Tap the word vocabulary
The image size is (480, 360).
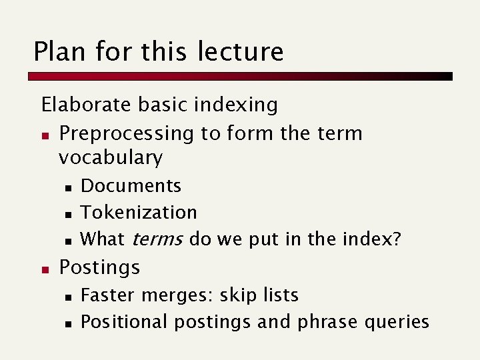(x=110, y=158)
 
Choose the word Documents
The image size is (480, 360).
(x=131, y=185)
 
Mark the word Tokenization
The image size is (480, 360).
(x=139, y=212)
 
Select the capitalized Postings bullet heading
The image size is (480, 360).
(x=99, y=267)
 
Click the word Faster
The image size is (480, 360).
(x=105, y=295)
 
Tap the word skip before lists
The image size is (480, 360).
(x=237, y=295)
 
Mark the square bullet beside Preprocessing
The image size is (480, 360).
(x=45, y=134)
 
